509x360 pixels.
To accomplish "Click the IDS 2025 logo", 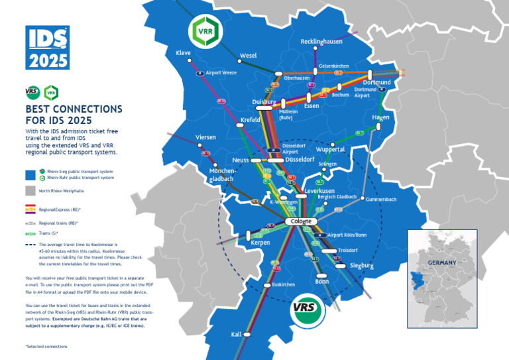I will pos(47,47).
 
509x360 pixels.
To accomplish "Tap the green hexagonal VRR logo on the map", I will pos(201,30).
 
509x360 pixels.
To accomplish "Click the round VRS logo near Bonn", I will pos(307,308).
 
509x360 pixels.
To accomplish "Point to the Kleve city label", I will pos(183,52).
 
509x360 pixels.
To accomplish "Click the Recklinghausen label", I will pos(321,42).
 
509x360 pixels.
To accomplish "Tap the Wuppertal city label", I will pos(330,149).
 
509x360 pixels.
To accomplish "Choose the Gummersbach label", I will pos(381,199).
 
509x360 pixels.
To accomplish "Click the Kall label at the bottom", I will pos(237,335).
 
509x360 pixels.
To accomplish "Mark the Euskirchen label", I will pos(283,284).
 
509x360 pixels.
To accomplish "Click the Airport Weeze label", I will pos(221,73).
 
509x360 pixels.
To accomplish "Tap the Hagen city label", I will pos(380,117).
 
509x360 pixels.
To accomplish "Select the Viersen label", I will pos(206,137).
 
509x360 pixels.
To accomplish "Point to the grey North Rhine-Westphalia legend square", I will pos(30,191).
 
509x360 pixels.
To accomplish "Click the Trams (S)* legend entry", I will pos(48,233).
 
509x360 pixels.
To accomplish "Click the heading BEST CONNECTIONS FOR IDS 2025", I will pos(64,114).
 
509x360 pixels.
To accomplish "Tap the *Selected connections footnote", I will pos(46,346).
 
